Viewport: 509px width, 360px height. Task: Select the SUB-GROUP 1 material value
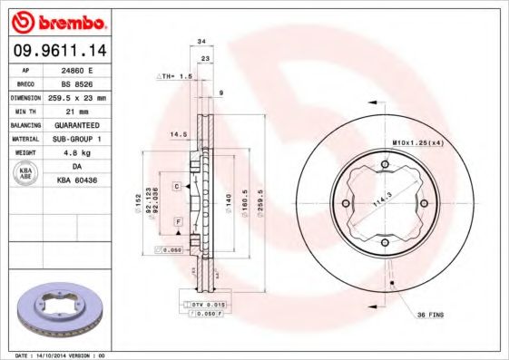point(76,138)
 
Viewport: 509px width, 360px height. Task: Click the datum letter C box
point(178,186)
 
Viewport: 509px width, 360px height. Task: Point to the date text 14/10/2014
point(57,355)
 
